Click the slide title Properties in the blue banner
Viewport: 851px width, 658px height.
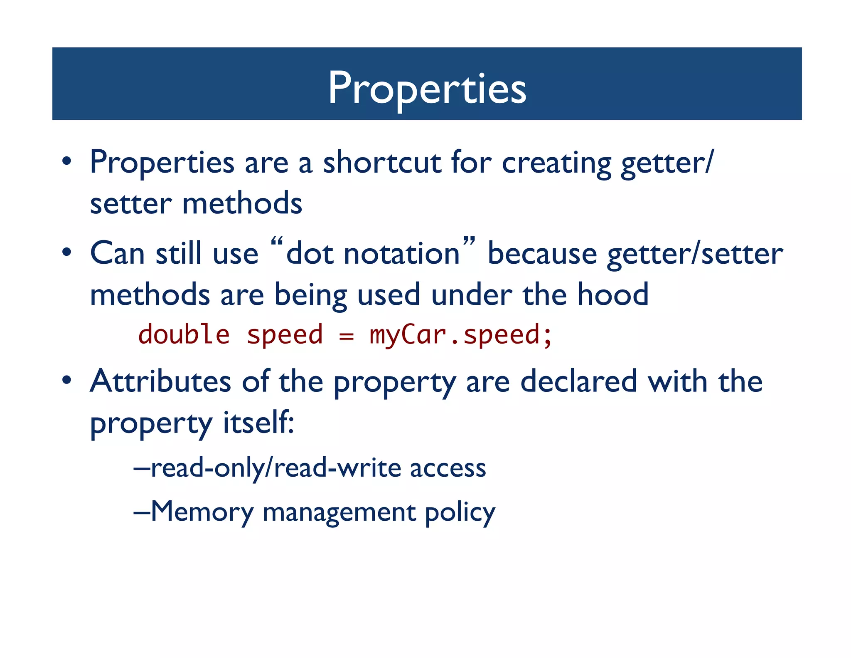pyautogui.click(x=427, y=88)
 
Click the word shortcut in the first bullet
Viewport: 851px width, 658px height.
pyautogui.click(x=382, y=162)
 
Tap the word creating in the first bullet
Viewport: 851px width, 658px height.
pyautogui.click(x=556, y=162)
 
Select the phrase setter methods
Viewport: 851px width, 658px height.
pyautogui.click(x=196, y=204)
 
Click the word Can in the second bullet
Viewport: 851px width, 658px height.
pyautogui.click(x=117, y=253)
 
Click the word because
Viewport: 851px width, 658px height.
pyautogui.click(x=542, y=253)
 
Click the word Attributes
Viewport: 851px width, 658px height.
pyautogui.click(x=160, y=381)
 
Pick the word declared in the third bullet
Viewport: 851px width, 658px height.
pyautogui.click(x=578, y=381)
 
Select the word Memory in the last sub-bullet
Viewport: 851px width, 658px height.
pyautogui.click(x=202, y=512)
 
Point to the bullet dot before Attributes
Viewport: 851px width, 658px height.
pyautogui.click(x=67, y=380)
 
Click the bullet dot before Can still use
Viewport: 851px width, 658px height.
pyautogui.click(x=67, y=252)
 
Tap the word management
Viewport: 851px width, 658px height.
pyautogui.click(x=339, y=512)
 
